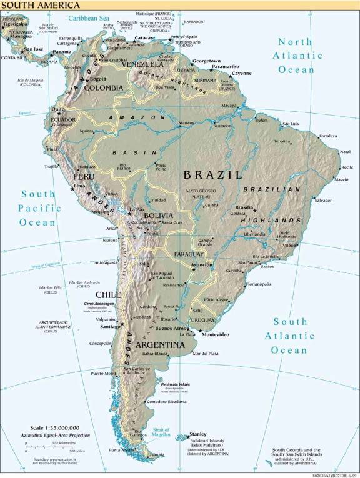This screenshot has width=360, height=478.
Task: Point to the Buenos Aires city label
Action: click(171, 329)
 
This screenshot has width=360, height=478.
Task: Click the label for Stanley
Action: click(198, 434)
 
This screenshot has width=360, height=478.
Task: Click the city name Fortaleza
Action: click(328, 136)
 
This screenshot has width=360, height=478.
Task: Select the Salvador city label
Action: click(322, 200)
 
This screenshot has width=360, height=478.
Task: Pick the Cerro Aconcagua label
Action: click(97, 304)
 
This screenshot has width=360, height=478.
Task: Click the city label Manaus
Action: click(186, 123)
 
